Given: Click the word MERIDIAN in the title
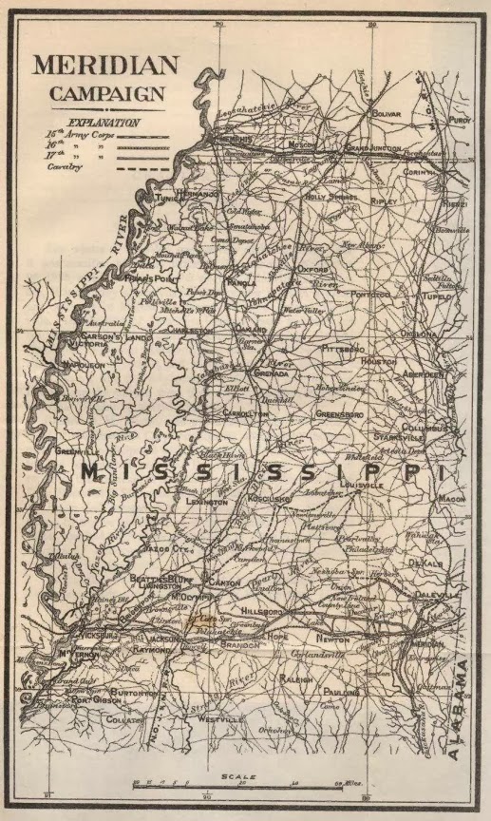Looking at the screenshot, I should (x=104, y=66).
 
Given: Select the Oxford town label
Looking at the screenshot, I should (x=312, y=269).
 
